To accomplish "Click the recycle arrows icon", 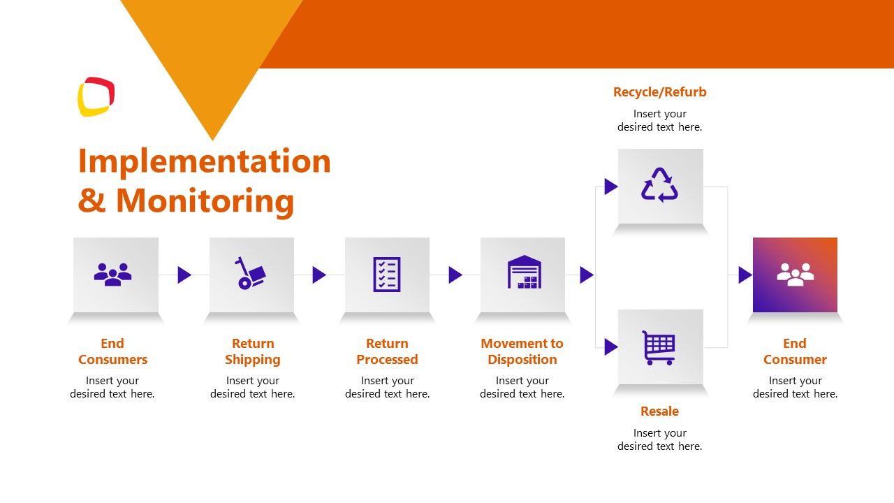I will (x=660, y=185).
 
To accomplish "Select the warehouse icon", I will (x=524, y=272).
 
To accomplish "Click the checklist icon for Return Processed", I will (x=387, y=275).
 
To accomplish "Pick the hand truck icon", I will (x=251, y=274).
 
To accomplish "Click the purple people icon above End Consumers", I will (x=112, y=273).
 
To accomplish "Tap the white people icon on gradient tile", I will (x=796, y=274).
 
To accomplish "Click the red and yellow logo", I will (x=96, y=96).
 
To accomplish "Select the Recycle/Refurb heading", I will (x=659, y=92).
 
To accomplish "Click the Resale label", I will (x=659, y=411).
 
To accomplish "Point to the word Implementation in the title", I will (x=204, y=161).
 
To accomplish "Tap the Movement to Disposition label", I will (x=522, y=351).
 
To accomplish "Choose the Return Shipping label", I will (x=253, y=351).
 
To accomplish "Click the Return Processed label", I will (x=387, y=351).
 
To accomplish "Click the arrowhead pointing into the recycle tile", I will (x=610, y=187).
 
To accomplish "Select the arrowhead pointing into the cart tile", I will (x=610, y=347).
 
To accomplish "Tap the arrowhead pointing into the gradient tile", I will (x=745, y=275).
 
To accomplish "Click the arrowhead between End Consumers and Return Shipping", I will (x=184, y=275).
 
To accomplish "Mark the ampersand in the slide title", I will (x=91, y=201).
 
